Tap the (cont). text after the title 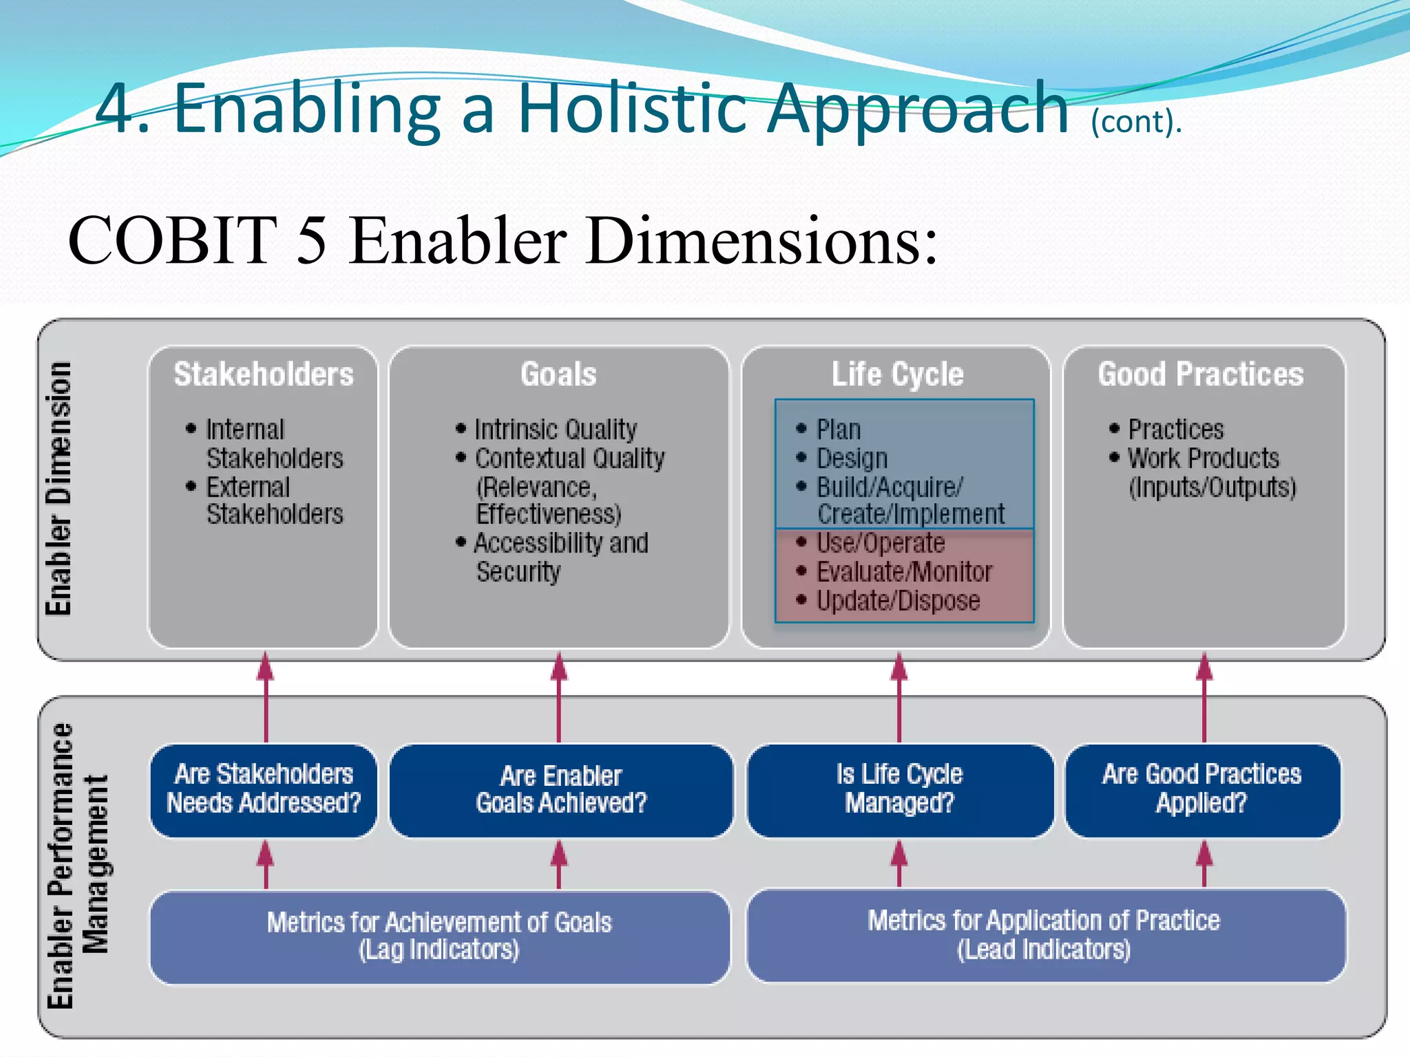(1136, 122)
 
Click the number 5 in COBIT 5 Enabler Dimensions (311, 240)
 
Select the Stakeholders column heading (264, 374)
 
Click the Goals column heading (558, 374)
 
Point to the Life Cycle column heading (897, 374)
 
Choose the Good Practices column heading (1201, 374)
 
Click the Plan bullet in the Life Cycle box (838, 429)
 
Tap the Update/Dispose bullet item (897, 601)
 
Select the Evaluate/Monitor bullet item (903, 572)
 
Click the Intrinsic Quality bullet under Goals (555, 429)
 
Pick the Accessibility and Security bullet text (560, 557)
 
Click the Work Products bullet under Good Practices (1203, 458)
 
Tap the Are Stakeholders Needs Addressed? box (264, 789)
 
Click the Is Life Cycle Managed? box (899, 789)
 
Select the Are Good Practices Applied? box (1202, 789)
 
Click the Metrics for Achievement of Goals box (439, 936)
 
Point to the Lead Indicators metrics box (1044, 936)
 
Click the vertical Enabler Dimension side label (59, 488)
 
